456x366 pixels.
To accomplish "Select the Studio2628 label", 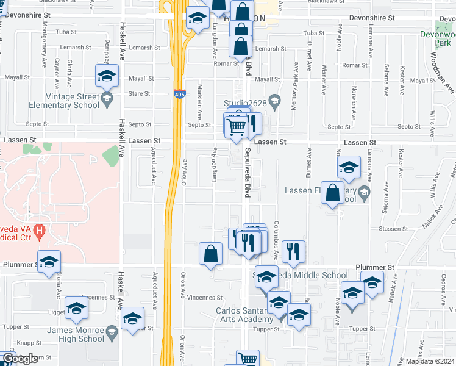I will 244,102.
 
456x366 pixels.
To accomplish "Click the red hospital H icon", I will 40,231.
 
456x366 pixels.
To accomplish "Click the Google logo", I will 20,359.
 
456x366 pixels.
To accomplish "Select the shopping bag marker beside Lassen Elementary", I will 333,193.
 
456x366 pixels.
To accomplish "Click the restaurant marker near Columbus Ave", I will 294,251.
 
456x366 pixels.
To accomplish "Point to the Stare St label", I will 139,94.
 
